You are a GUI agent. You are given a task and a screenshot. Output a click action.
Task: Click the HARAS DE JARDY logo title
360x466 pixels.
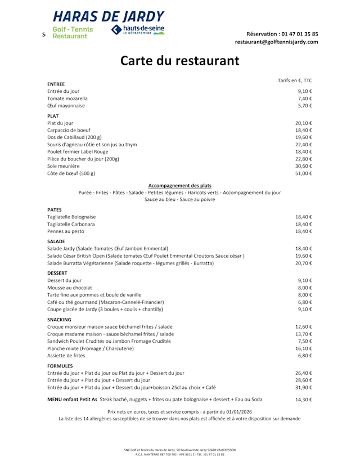[x=109, y=16]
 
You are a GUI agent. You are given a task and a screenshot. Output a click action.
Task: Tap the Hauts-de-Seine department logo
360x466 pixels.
[x=138, y=30]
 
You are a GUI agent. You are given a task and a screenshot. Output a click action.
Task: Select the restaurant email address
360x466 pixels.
[x=276, y=42]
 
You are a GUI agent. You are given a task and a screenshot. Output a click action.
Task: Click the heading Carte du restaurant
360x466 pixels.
[x=179, y=61]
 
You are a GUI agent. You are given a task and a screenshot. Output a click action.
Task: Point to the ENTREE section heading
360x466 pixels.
[x=56, y=84]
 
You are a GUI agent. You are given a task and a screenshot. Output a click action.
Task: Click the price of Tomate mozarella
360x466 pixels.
[x=305, y=98]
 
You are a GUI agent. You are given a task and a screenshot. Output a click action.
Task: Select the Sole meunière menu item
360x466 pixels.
[x=64, y=166]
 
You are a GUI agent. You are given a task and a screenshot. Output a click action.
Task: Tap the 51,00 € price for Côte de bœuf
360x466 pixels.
[x=304, y=173]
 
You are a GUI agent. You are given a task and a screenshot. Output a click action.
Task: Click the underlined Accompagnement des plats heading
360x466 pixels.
[x=179, y=185]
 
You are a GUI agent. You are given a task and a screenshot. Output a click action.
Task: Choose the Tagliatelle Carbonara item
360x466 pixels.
[x=71, y=224]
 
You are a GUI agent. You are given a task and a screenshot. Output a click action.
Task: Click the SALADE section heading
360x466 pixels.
[x=56, y=241]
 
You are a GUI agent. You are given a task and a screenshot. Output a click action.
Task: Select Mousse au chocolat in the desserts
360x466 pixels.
[x=70, y=288]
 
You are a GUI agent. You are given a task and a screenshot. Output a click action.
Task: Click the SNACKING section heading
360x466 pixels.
[x=59, y=320]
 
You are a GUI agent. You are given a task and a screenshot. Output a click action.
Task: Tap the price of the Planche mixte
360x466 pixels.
[x=304, y=348]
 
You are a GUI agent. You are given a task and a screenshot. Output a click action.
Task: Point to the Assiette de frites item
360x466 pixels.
[x=66, y=356]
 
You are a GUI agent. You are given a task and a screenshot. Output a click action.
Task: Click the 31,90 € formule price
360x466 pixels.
[x=304, y=387]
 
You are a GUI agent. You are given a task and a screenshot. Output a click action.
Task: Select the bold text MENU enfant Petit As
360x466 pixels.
[x=72, y=400]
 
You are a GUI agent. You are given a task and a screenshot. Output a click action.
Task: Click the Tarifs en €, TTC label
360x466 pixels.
[x=295, y=80]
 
